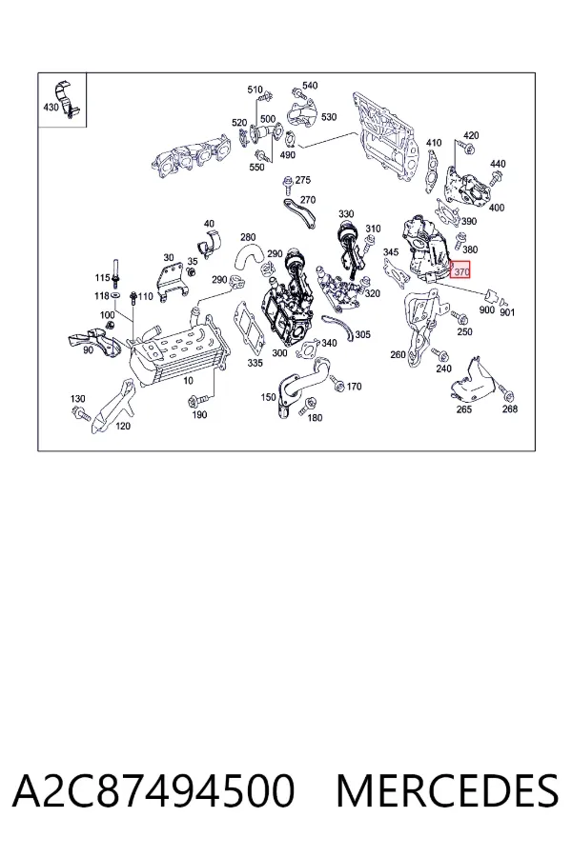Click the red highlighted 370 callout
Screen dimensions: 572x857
coord(460,269)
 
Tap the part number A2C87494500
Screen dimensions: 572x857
coord(153,791)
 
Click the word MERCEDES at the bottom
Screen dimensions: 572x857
coord(447,791)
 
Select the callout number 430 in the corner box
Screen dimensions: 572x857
coord(51,107)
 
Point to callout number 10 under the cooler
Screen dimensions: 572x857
coord(189,380)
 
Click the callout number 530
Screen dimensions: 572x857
coord(329,117)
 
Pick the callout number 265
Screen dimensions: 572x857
coord(463,409)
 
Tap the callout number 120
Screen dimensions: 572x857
coord(123,426)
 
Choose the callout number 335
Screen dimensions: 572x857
coord(255,363)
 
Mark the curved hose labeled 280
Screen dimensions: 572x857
coord(248,257)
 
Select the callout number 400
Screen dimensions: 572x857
coord(497,208)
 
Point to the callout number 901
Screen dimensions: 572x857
coord(507,312)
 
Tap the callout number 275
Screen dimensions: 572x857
coord(303,180)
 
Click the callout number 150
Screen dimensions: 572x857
coord(268,397)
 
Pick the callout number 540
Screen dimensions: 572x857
coord(310,86)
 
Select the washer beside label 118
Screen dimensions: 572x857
coord(116,295)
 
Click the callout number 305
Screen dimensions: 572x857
coord(362,334)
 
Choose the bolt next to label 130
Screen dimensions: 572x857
coord(81,414)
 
